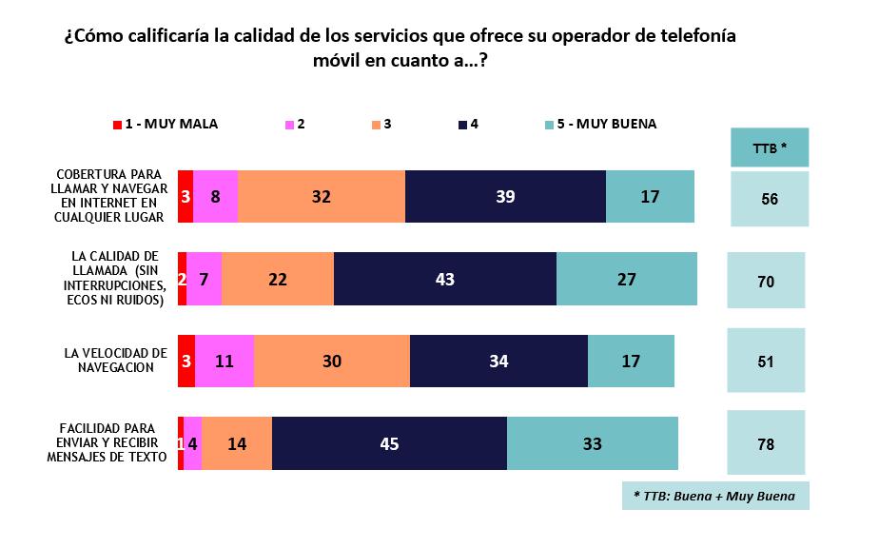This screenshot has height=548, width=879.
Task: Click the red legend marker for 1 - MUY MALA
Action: [117, 125]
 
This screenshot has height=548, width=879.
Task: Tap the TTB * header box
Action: [770, 147]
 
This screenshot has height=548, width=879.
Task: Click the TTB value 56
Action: [770, 198]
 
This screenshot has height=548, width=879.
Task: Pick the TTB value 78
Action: [766, 443]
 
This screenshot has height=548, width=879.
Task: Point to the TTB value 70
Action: [766, 281]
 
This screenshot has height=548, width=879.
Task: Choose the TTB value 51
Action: [766, 362]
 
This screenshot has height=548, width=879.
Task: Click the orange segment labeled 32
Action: [321, 197]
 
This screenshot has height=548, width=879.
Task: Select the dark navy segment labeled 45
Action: [389, 443]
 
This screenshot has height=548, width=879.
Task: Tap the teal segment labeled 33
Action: [592, 443]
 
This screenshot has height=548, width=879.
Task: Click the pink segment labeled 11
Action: [225, 362]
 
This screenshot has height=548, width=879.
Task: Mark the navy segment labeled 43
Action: [444, 279]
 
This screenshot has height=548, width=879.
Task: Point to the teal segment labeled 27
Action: [626, 279]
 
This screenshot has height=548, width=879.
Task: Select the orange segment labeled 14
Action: [236, 443]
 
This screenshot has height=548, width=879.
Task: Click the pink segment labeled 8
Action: [215, 197]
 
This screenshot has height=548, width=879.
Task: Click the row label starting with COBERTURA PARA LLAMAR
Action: [109, 196]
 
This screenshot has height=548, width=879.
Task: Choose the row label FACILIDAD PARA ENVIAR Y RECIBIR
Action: [107, 442]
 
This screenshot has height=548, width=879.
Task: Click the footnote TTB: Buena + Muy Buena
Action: [715, 496]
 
